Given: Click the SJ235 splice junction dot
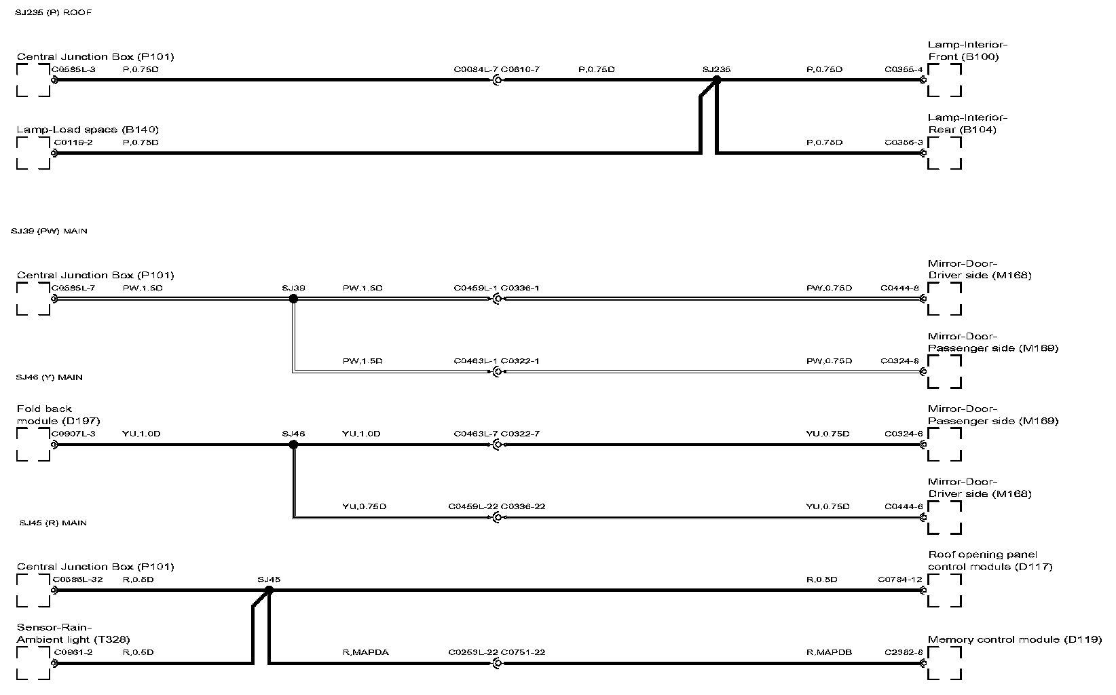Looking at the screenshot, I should tap(717, 80).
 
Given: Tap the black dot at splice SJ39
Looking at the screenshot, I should tap(293, 299).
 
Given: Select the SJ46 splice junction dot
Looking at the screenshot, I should tap(293, 445).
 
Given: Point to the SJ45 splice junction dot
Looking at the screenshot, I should tap(269, 590).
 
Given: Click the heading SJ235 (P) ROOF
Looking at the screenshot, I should tap(53, 13).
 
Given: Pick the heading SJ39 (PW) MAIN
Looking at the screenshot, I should tap(49, 231).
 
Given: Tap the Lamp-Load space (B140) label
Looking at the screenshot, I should tap(88, 130).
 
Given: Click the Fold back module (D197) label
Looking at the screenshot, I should tap(58, 415).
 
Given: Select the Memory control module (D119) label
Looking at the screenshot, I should tap(1014, 639).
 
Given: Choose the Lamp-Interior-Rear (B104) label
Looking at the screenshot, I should tap(967, 124).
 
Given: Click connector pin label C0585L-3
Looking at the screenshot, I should tap(74, 69).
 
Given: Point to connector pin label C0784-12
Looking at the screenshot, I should tap(899, 580).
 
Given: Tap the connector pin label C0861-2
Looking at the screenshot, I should tap(73, 652).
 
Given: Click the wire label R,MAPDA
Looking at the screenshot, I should tap(365, 652).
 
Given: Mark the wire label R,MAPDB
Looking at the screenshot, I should tap(829, 652).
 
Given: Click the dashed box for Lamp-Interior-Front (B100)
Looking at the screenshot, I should tap(944, 81).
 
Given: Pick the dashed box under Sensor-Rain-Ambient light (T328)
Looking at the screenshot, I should tap(33, 663).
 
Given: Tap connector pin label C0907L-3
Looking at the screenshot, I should tap(74, 434).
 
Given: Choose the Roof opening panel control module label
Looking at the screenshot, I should tap(990, 561).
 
